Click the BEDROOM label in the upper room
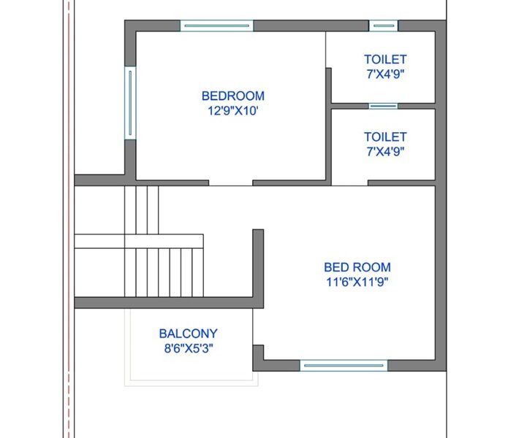point(233,96)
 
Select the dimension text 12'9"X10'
point(232,111)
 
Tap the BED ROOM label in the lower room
point(357,267)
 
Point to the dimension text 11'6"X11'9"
point(357,282)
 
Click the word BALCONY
point(189,334)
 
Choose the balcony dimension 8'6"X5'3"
point(189,348)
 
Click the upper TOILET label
point(385,59)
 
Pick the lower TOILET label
point(385,137)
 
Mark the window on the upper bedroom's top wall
point(217,26)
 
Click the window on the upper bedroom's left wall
point(130,103)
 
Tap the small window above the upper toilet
point(384,26)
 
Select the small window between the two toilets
point(383,106)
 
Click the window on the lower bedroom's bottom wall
point(344,366)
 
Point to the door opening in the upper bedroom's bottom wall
point(231,183)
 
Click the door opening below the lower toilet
point(349,183)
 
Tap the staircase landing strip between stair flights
point(139,241)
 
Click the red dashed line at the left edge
point(69,219)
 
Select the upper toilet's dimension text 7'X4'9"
point(385,74)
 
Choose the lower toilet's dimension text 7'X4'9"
point(385,152)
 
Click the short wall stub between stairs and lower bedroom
point(258,269)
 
